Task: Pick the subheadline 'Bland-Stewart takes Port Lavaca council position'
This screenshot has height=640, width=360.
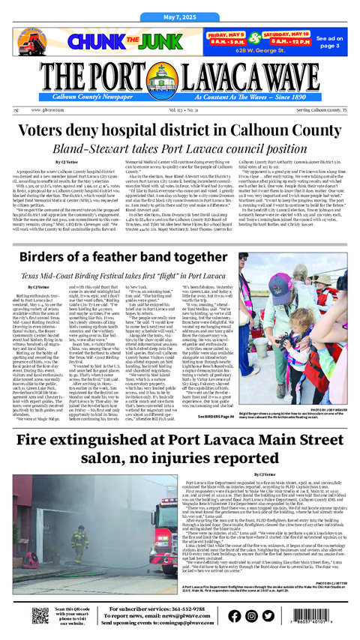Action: tap(180, 148)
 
